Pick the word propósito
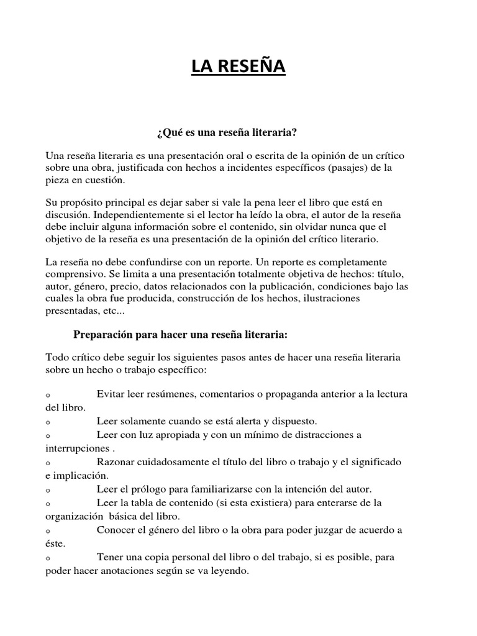83,202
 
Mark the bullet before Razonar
48,463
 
